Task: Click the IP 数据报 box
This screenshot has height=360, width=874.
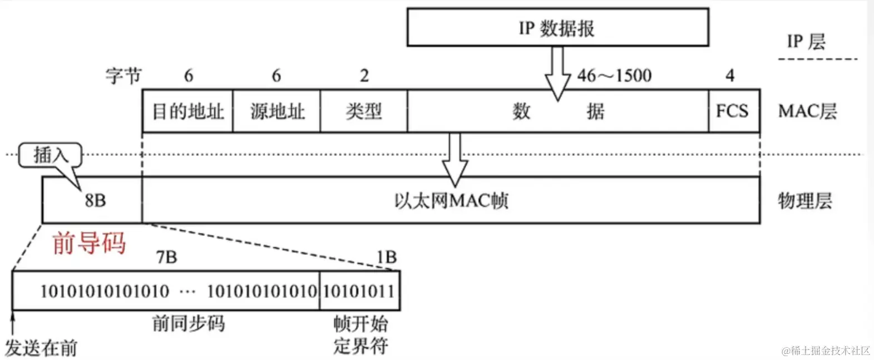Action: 557,27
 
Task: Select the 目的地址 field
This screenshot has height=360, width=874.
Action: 187,111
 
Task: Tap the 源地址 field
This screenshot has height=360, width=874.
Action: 276,111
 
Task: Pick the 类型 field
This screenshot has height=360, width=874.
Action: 364,111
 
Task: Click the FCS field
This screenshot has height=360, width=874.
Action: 733,111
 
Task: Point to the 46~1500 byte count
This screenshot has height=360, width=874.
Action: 614,75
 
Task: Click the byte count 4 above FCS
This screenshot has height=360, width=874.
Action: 730,75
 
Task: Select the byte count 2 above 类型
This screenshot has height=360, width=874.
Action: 364,75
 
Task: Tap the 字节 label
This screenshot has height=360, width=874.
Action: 124,75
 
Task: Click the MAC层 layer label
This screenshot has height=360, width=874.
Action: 807,111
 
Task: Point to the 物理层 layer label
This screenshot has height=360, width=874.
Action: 804,201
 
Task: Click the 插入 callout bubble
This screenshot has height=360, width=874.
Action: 50,155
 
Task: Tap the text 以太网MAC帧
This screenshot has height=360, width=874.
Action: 451,201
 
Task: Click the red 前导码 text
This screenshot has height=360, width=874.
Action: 89,244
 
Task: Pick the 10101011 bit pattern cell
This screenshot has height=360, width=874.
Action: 359,291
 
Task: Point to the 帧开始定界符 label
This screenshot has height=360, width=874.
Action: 361,335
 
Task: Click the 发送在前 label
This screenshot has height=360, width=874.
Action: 41,348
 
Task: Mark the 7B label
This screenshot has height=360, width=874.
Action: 166,257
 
